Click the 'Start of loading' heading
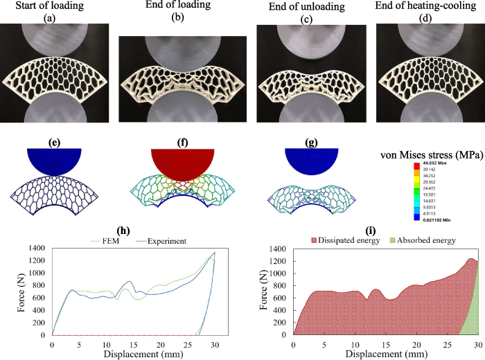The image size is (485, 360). (x=53, y=6)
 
